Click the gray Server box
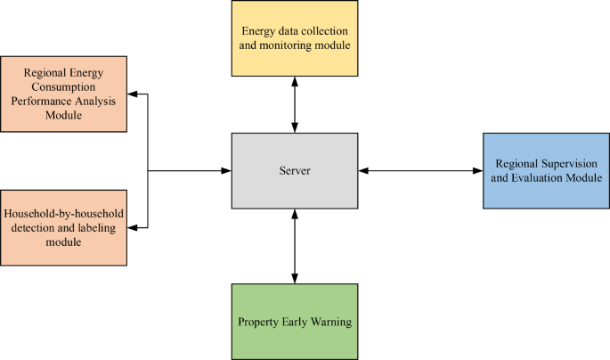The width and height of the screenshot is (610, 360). click(x=295, y=170)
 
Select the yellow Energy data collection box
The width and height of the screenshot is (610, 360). click(x=295, y=37)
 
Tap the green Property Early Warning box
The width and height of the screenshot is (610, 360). click(x=295, y=321)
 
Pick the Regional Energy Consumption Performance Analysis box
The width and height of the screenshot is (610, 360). click(x=63, y=94)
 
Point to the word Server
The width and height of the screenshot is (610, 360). click(x=295, y=170)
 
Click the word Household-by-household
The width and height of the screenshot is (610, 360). click(x=63, y=214)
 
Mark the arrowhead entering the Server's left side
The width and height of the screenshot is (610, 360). click(x=226, y=170)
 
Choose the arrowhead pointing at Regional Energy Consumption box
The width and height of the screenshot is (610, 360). click(x=132, y=94)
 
